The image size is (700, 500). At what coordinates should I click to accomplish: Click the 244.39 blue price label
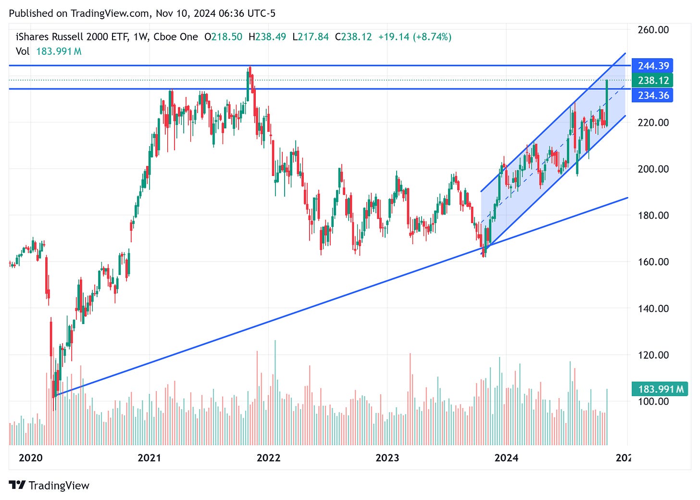click(653, 66)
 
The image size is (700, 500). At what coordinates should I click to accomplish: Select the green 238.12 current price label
click(653, 80)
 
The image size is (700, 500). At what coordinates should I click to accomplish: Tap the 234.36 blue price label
click(653, 95)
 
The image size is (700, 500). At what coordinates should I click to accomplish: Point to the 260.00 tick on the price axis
click(653, 30)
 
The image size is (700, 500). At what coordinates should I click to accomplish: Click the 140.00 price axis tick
click(653, 308)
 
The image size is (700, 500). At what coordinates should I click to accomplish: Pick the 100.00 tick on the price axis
click(653, 401)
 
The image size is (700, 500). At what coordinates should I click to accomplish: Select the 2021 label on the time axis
click(149, 458)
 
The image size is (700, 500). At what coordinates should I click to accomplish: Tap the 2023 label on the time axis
click(387, 458)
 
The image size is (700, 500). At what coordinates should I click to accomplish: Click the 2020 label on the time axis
click(30, 458)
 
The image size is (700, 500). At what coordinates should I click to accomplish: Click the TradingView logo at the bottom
click(49, 486)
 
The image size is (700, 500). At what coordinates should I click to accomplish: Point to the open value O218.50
click(223, 37)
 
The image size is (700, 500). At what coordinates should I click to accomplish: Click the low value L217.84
click(311, 37)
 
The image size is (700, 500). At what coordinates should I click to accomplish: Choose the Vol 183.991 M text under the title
click(49, 51)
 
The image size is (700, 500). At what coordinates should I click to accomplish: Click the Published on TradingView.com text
click(79, 13)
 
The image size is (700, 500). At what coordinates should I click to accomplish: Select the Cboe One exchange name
click(175, 37)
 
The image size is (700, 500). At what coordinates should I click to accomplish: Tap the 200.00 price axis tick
click(653, 169)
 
